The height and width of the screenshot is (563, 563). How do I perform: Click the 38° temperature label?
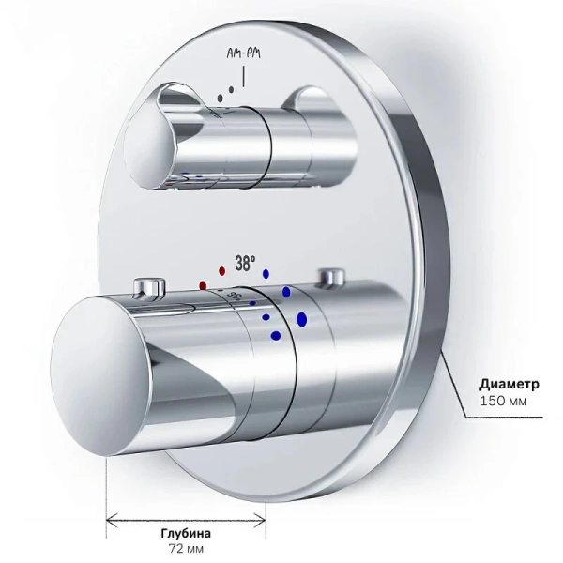(x=244, y=265)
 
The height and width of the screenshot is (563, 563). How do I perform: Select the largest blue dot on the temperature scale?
(x=301, y=320)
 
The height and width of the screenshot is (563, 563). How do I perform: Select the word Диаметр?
(x=509, y=385)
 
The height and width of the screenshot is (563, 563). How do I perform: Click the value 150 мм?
(x=503, y=403)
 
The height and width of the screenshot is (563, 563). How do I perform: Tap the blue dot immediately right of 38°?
(x=266, y=275)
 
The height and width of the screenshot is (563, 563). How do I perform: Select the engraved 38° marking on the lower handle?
(x=235, y=297)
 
